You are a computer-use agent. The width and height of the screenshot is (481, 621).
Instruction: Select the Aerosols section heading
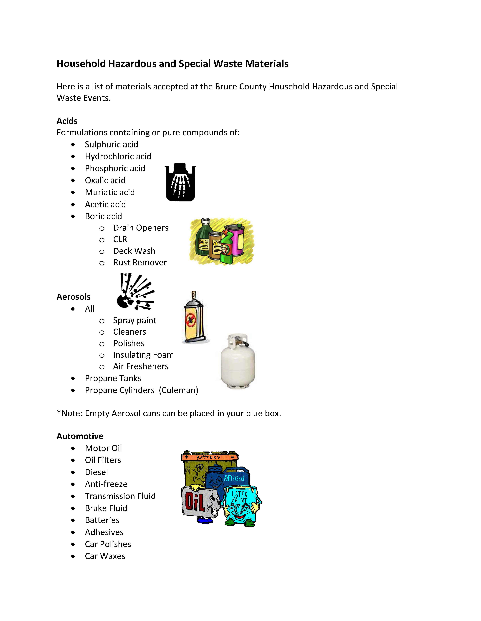[73, 297]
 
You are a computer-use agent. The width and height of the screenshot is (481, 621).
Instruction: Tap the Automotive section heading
[80, 436]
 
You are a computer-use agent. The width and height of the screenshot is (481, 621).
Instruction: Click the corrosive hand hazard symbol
[180, 182]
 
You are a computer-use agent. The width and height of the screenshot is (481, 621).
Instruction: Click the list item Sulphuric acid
[111, 144]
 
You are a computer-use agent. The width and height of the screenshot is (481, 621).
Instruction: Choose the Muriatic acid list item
[110, 192]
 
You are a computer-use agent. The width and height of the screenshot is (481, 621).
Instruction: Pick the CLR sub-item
[120, 239]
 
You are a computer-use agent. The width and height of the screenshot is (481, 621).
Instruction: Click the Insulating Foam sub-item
[143, 355]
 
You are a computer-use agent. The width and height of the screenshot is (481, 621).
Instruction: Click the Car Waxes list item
[105, 556]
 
